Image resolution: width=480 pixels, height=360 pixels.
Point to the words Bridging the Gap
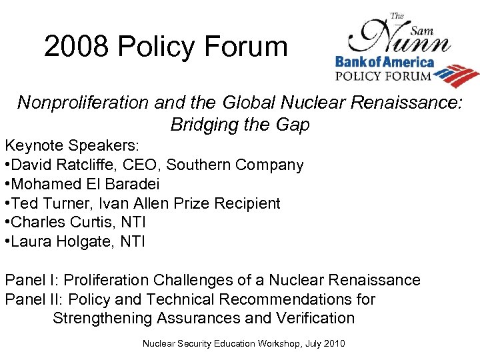240,125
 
